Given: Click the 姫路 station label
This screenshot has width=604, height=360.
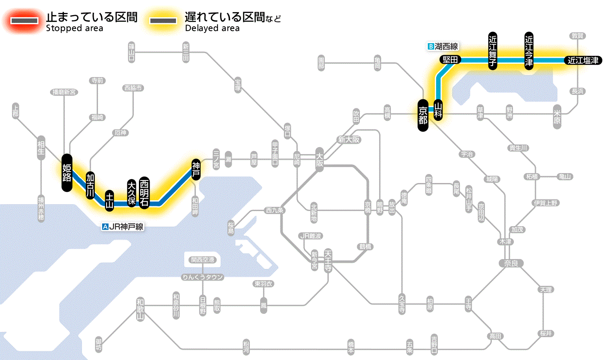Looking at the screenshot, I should [x=67, y=172].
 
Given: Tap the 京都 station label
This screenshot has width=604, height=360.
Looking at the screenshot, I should [x=423, y=115].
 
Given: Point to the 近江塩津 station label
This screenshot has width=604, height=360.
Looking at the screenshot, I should [x=583, y=60].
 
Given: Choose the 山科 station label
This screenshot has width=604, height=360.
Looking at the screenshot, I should [x=438, y=110].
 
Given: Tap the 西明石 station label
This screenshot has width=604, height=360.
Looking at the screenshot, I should [x=144, y=192].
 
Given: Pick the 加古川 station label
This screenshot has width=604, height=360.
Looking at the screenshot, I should [x=90, y=186].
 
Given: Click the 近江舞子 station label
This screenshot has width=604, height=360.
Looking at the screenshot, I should [x=493, y=50].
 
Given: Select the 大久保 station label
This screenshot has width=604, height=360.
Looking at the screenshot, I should [x=132, y=193].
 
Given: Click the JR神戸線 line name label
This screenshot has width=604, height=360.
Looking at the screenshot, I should [x=123, y=226].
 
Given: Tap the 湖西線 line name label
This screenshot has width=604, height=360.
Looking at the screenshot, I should [x=443, y=46].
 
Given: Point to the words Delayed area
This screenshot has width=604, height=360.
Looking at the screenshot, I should [x=212, y=28].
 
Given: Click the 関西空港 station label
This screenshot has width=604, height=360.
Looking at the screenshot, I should [x=203, y=260].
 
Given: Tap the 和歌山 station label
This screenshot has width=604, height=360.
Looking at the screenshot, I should [x=140, y=309].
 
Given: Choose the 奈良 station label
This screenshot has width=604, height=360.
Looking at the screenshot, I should [x=510, y=263].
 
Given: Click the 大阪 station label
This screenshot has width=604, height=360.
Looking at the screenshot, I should [x=320, y=159].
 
